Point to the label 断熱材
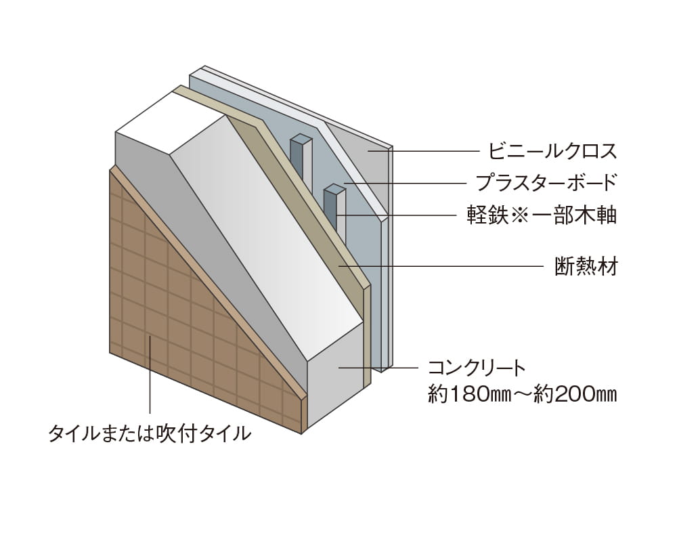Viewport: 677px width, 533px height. tap(582, 265)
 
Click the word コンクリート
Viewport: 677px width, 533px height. tap(477, 368)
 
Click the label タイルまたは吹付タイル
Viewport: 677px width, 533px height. tap(149, 433)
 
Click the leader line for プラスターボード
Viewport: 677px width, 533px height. tap(406, 183)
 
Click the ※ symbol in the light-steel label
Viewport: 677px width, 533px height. tap(517, 215)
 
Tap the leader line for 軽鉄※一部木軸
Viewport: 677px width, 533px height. tap(399, 215)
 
